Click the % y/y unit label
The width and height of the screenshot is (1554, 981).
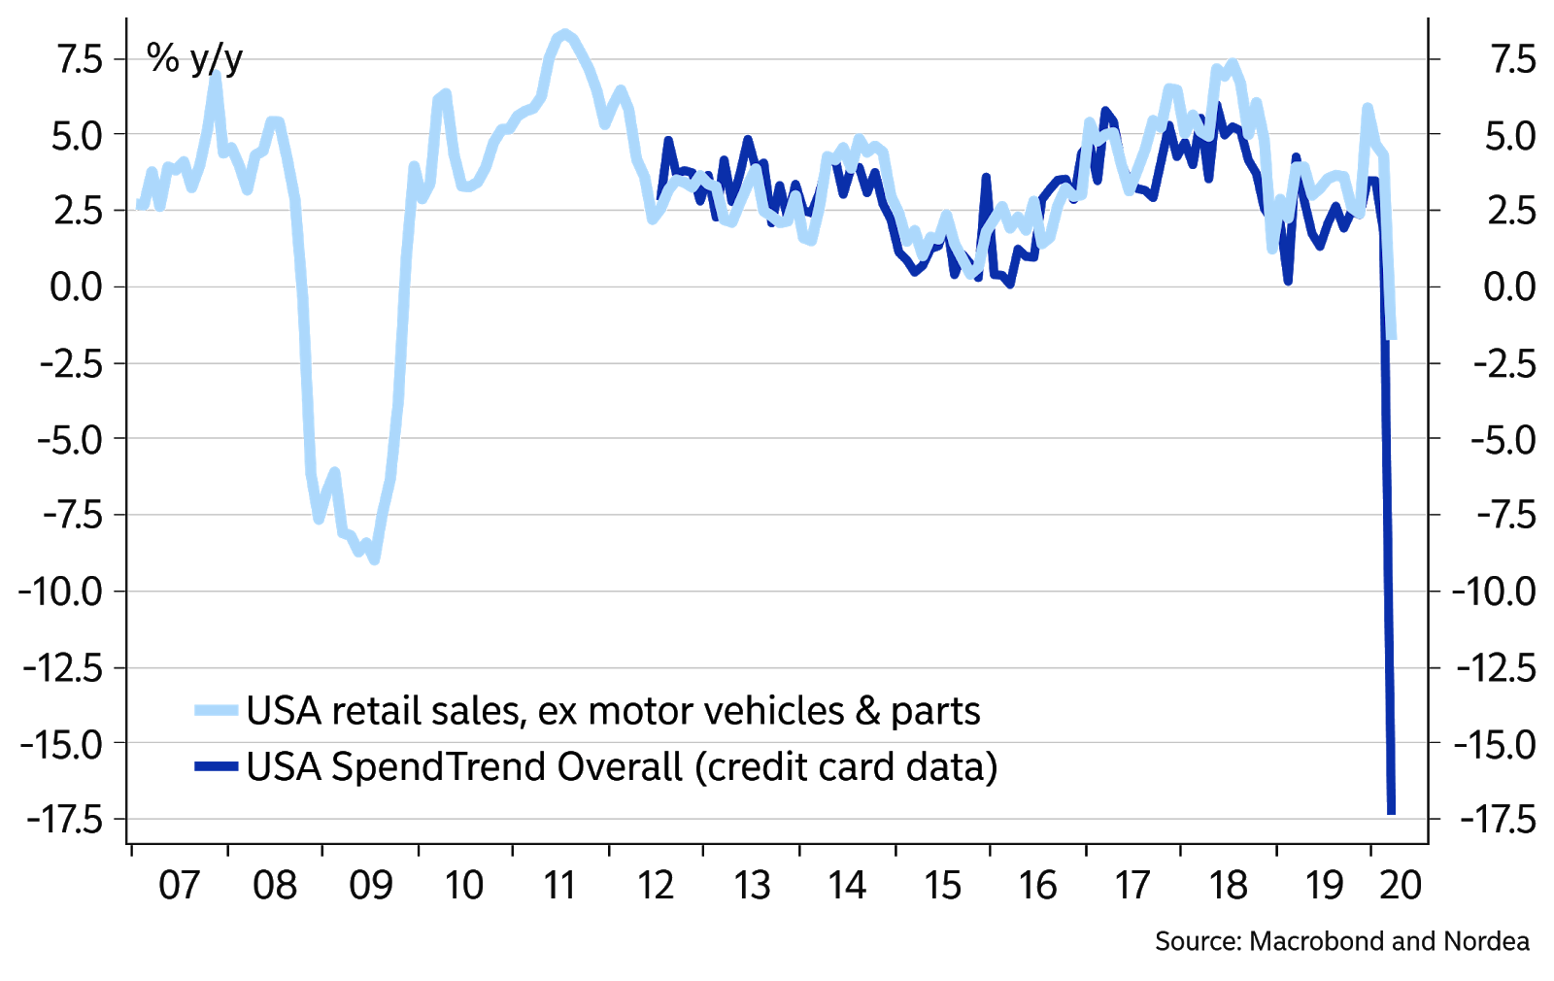click(x=194, y=59)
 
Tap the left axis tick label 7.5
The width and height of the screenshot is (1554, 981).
click(x=79, y=60)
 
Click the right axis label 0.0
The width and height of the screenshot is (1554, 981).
click(x=1509, y=288)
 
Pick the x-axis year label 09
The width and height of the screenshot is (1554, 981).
click(x=370, y=886)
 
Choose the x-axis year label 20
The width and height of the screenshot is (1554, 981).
click(x=1400, y=886)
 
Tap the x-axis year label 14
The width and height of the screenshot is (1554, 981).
click(x=846, y=886)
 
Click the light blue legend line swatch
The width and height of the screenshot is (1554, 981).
click(x=216, y=711)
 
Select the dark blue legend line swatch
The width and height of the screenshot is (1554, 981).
click(x=216, y=767)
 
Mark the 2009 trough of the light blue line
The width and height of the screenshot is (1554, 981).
click(x=375, y=560)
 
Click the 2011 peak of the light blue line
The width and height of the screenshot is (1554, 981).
click(x=565, y=34)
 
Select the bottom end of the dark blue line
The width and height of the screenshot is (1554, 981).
click(x=1391, y=812)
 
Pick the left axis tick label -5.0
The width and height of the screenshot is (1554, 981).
click(x=69, y=440)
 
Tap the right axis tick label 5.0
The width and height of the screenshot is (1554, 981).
click(x=1509, y=136)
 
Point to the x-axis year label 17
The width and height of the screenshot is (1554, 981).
click(x=1132, y=886)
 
